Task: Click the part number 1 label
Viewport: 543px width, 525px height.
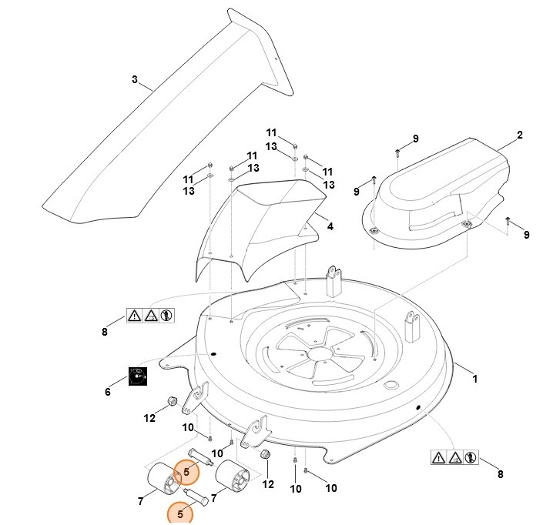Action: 475,379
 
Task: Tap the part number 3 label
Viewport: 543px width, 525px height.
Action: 135,79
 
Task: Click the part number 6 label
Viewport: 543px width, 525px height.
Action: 108,392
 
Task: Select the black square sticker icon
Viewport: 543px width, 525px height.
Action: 137,376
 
